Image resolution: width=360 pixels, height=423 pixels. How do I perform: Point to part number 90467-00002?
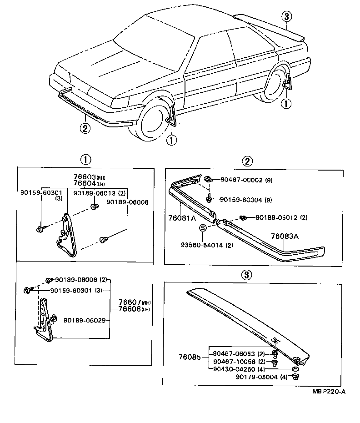[x=242, y=180]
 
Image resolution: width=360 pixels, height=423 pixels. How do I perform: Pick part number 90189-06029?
[x=84, y=320]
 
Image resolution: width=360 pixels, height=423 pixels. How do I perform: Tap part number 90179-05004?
[x=256, y=377]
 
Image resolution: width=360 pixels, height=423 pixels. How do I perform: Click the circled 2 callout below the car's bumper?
[x=85, y=129]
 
